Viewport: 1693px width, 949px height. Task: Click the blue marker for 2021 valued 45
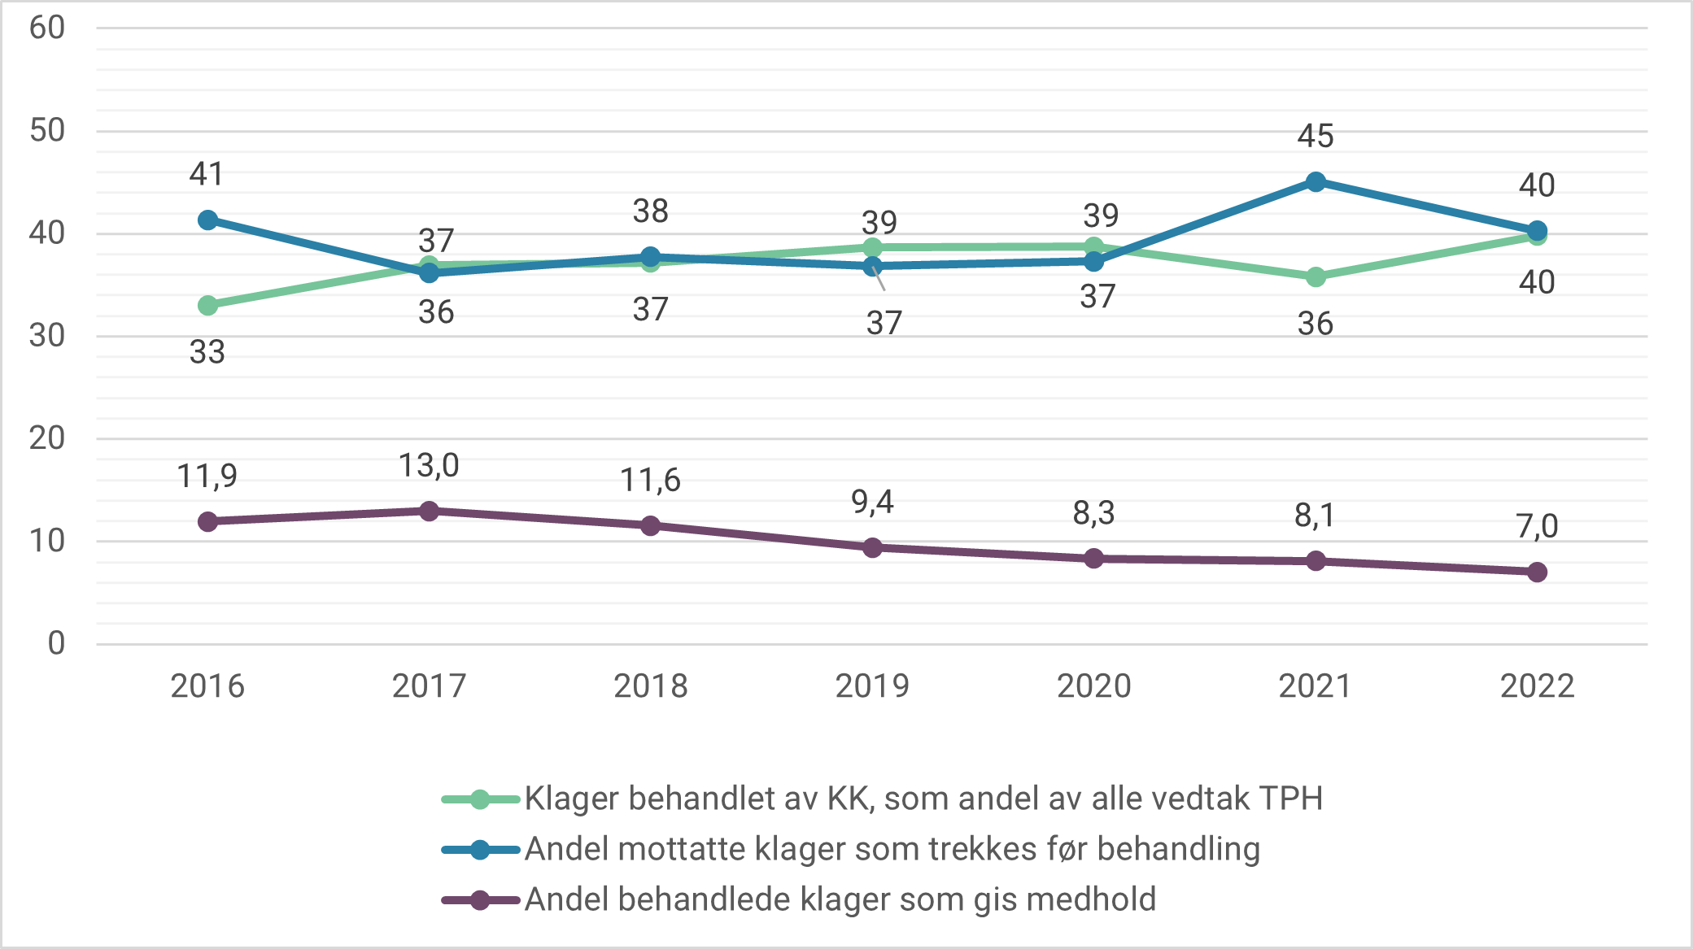[x=1316, y=182]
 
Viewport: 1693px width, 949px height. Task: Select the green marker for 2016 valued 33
[x=207, y=306]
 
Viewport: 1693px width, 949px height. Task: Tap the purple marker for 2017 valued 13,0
[x=429, y=512]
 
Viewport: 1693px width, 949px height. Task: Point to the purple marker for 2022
[x=1537, y=572]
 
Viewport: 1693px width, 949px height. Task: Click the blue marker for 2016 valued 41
[x=207, y=220]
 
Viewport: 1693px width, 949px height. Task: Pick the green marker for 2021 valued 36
[x=1316, y=277]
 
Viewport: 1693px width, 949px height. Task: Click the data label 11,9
[x=207, y=477]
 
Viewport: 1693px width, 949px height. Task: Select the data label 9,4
[x=872, y=503]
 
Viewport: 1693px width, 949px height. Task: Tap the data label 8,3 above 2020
[x=1093, y=513]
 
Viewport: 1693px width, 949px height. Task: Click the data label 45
[x=1315, y=136]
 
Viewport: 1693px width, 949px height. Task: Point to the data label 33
[x=207, y=352]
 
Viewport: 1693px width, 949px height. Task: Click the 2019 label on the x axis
[x=872, y=686]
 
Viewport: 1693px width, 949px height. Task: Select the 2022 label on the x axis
[x=1537, y=686]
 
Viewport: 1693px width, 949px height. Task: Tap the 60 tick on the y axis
[x=46, y=28]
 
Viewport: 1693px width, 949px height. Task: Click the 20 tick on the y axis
[x=46, y=438]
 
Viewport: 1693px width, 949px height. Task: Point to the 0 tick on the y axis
[x=55, y=643]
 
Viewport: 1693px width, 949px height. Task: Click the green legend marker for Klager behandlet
[x=480, y=799]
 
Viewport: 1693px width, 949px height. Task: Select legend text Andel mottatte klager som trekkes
[x=892, y=849]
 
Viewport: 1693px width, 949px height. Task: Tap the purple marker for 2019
[x=872, y=548]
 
